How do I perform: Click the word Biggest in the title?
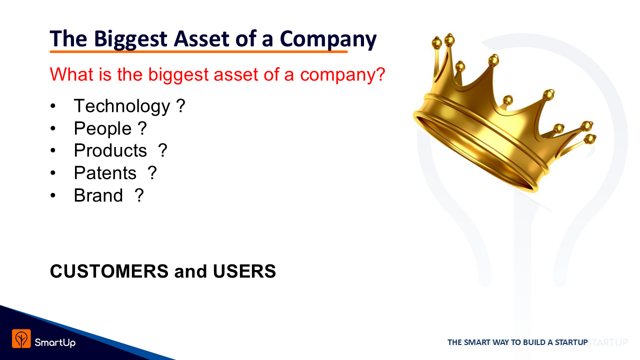point(130,39)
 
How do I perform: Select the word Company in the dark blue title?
point(328,39)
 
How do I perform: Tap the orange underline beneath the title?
point(198,51)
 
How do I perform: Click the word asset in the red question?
point(235,74)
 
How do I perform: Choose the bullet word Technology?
point(122,106)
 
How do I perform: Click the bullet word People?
point(102,128)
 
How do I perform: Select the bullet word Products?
point(110,150)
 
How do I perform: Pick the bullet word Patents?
point(105,173)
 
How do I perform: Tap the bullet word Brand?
point(98,195)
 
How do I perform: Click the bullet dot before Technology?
point(53,106)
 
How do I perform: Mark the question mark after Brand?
point(139,195)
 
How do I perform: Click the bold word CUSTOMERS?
point(109,271)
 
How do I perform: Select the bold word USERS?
point(244,271)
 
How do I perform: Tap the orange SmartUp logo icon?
point(21,338)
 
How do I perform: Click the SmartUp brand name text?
point(55,342)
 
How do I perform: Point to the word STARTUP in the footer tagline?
point(571,342)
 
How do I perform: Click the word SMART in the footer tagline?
point(476,342)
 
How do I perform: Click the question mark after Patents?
point(152,172)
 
